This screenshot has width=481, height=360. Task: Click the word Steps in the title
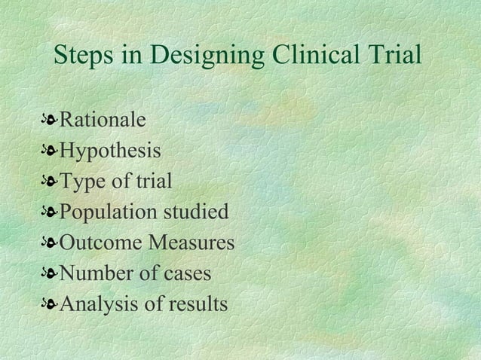tap(84, 56)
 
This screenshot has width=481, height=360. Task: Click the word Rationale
tap(103, 121)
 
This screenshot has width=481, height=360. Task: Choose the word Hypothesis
tap(110, 152)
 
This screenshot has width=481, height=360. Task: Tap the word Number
tap(93, 274)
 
